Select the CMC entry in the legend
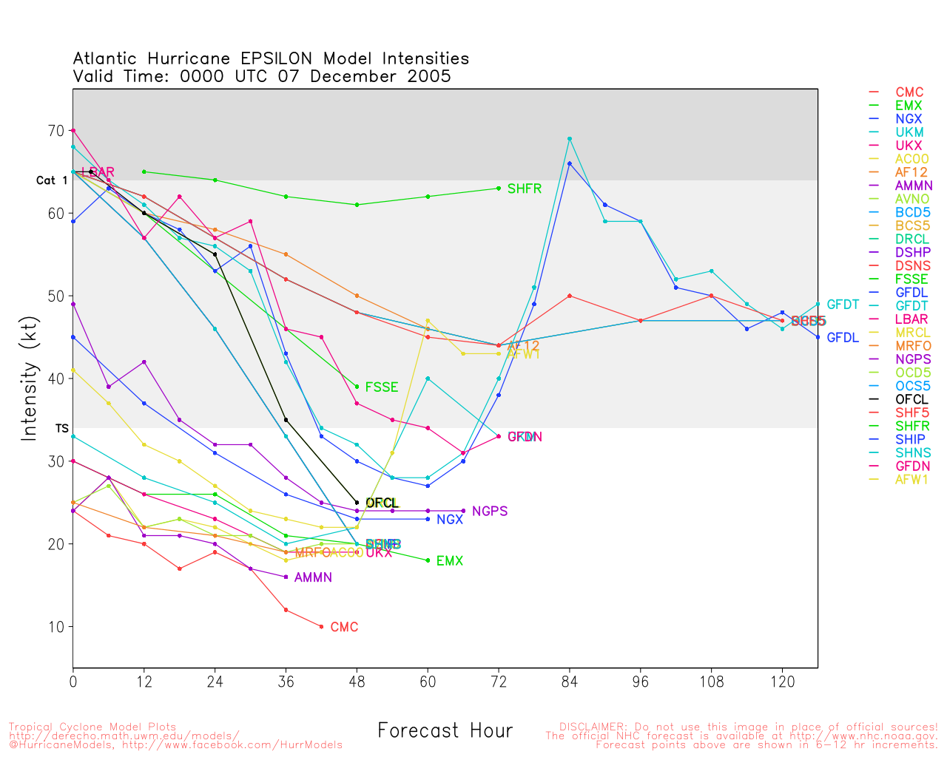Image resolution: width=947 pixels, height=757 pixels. pos(909,92)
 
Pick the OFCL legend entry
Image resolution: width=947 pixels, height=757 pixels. pos(911,399)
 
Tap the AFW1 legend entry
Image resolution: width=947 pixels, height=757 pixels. pos(911,479)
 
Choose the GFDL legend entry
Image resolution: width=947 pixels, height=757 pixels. pos(911,293)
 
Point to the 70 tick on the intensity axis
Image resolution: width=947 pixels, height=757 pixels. pos(56,131)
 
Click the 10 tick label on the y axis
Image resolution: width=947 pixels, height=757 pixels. pos(56,627)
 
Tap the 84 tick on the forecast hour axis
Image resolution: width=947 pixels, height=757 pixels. pos(570,682)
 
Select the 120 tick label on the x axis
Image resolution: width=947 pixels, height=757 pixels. pos(782,682)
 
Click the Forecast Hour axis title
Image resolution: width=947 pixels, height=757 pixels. pos(445,731)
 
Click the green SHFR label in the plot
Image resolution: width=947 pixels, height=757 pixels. pos(525,189)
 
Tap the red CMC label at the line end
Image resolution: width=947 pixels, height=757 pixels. pos(344,627)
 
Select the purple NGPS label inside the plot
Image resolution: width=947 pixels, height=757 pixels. pos(490,511)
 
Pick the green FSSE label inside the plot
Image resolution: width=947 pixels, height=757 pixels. pos(382,387)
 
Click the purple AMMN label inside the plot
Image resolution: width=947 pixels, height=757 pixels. pos(313,577)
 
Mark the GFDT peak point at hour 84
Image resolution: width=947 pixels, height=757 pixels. pos(570,138)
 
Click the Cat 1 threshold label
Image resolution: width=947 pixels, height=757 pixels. pos(51,180)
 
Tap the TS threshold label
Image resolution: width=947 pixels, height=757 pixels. pos(61,428)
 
